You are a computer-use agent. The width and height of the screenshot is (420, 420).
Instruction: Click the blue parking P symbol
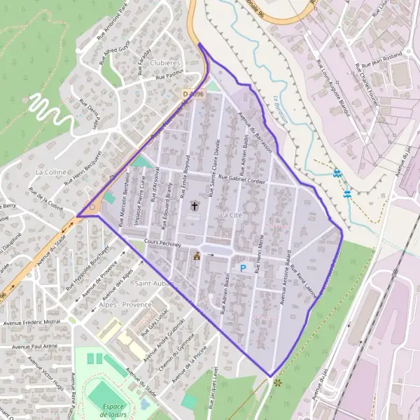click(244, 267)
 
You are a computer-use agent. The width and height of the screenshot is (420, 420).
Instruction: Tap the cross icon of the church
click(195, 206)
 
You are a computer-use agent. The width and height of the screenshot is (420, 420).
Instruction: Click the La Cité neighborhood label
click(230, 214)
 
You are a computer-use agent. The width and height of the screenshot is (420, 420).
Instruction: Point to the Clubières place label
click(165, 63)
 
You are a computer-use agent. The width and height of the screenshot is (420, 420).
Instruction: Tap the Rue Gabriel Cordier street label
click(243, 178)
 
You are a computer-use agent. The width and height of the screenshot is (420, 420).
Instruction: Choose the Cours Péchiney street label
click(162, 244)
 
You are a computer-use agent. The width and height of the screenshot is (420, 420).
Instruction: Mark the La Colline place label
click(50, 171)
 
